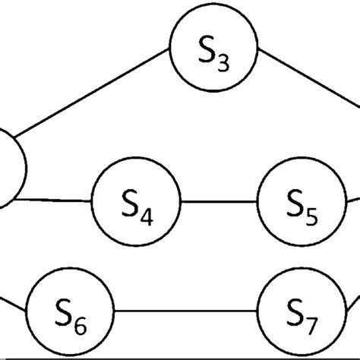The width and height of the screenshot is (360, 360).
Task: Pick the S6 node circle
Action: pyautogui.click(x=71, y=310)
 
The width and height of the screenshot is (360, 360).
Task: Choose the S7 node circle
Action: pyautogui.click(x=303, y=310)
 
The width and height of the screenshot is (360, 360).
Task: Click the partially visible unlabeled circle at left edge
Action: pyautogui.click(x=9, y=169)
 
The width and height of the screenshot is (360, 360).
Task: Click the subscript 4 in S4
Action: pyautogui.click(x=147, y=216)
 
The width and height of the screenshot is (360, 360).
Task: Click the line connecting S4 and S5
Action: pyautogui.click(x=219, y=202)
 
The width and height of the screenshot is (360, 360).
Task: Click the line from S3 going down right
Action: pyautogui.click(x=308, y=80)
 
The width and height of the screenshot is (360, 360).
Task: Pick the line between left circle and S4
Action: pyautogui.click(x=53, y=201)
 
